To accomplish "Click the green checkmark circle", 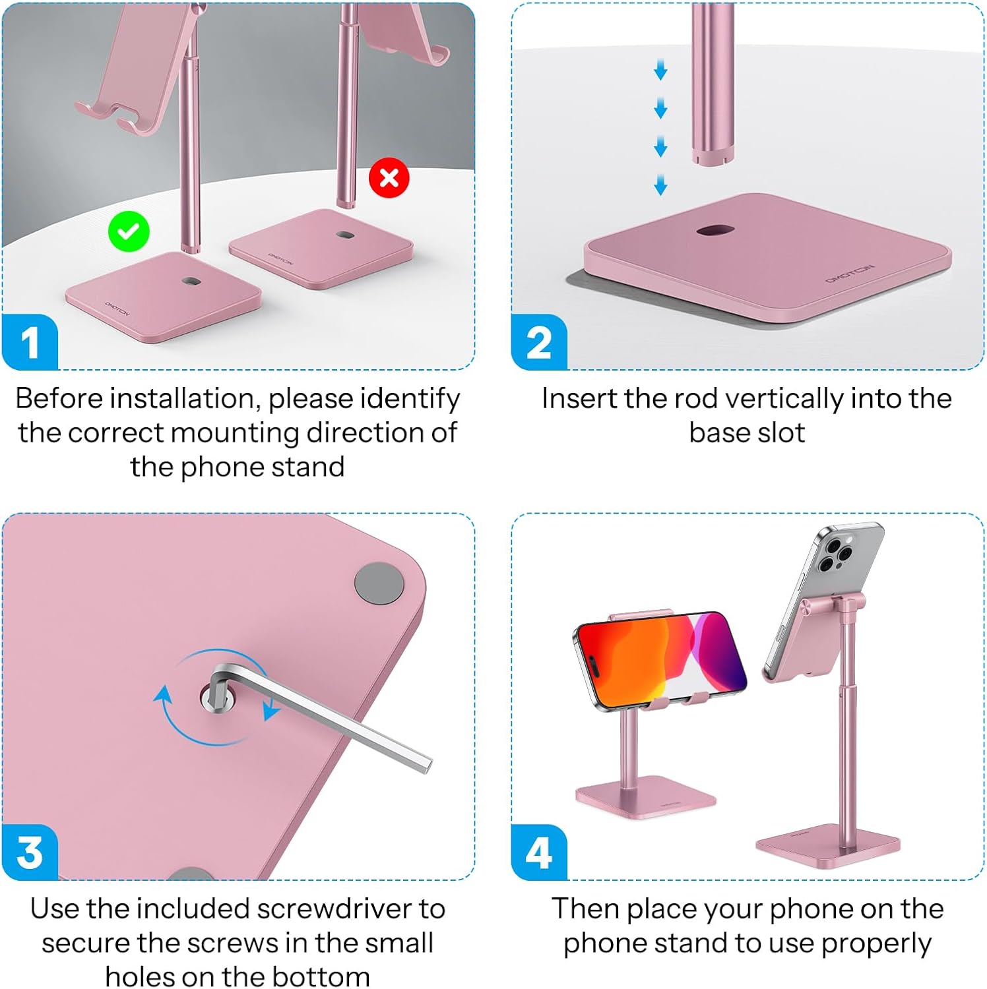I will pos(129,231).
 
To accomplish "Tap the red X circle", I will pos(389,177).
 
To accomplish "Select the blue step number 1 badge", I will pos(30,342).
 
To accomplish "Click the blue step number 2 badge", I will pos(539,342).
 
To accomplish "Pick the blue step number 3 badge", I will pos(30,852).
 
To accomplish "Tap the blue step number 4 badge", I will pos(539,852).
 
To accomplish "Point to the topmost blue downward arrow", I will pos(660,70).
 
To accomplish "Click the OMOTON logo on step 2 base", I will pos(850,274).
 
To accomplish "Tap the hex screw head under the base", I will pos(216,697).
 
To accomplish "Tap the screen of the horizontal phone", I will pos(660,659).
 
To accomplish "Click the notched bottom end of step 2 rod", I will pos(713,157).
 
